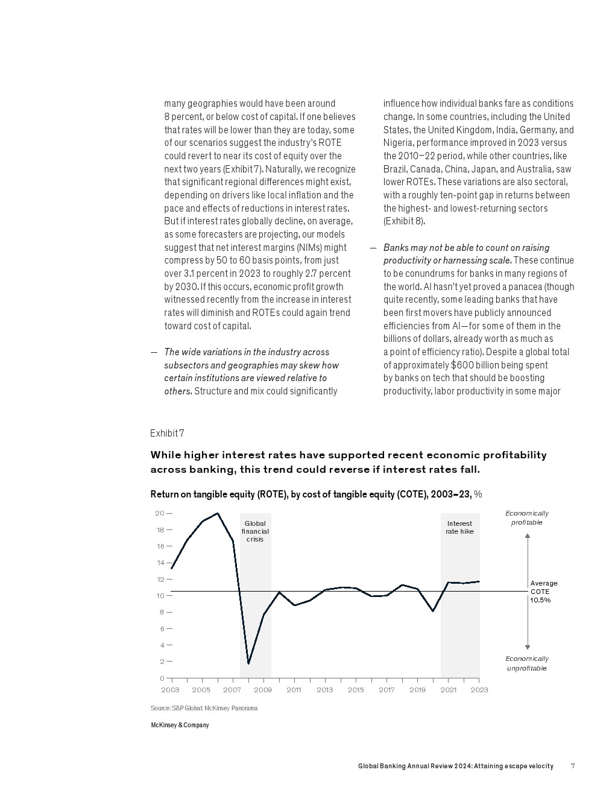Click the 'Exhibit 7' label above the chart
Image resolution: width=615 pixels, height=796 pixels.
167,434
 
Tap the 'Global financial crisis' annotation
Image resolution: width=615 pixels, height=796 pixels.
255,531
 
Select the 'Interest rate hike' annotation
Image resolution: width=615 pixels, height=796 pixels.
459,528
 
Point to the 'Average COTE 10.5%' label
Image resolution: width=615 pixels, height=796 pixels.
543,592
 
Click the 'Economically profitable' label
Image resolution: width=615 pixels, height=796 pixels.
527,518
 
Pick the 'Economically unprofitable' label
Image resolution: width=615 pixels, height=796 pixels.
527,663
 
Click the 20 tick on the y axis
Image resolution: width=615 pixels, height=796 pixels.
160,514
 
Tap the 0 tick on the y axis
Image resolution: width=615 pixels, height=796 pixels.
162,678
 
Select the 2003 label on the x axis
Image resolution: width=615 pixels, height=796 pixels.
170,690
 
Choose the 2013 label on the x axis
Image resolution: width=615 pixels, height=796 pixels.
324,690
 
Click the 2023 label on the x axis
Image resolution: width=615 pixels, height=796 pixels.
479,690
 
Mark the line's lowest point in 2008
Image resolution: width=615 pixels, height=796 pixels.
248,663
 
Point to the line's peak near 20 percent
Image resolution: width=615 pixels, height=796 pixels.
218,514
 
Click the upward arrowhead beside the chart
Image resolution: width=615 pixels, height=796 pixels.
528,535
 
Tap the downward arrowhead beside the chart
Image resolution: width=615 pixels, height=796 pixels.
528,647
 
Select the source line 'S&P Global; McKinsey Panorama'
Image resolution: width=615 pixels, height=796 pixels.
204,708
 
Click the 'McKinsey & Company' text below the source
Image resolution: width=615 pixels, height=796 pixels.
180,725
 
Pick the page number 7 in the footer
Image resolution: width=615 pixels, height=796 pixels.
573,766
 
